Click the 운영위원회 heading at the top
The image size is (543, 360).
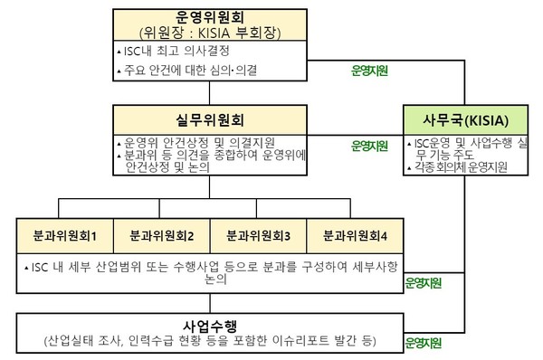(x=210, y=15)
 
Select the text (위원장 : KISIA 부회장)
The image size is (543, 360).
(x=210, y=32)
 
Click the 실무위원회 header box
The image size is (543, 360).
(x=210, y=119)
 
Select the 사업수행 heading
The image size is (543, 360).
(x=210, y=324)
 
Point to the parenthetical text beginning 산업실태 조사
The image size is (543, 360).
(x=210, y=340)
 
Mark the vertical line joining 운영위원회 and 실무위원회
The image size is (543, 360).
(x=210, y=93)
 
